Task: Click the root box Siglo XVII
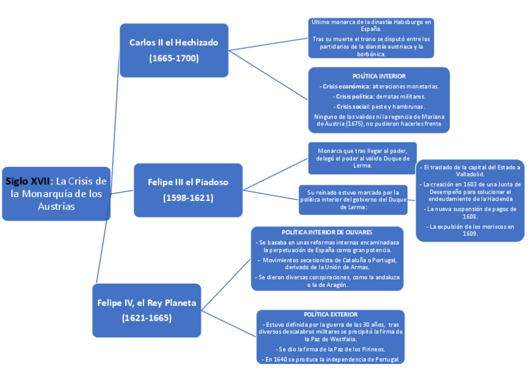click(56, 193)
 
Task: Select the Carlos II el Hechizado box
click(174, 50)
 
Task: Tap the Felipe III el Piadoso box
click(188, 190)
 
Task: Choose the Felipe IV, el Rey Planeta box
click(147, 310)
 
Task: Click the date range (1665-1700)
click(174, 58)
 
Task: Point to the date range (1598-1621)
click(188, 198)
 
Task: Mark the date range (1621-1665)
click(147, 318)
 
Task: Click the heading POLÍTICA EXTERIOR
click(331, 314)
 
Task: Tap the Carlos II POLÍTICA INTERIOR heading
click(379, 76)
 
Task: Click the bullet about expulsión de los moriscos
click(470, 230)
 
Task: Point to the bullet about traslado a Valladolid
click(470, 170)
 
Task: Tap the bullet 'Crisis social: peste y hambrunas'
click(379, 107)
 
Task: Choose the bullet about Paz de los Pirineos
click(331, 348)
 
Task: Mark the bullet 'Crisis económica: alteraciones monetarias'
click(379, 86)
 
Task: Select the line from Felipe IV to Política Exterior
click(230, 323)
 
